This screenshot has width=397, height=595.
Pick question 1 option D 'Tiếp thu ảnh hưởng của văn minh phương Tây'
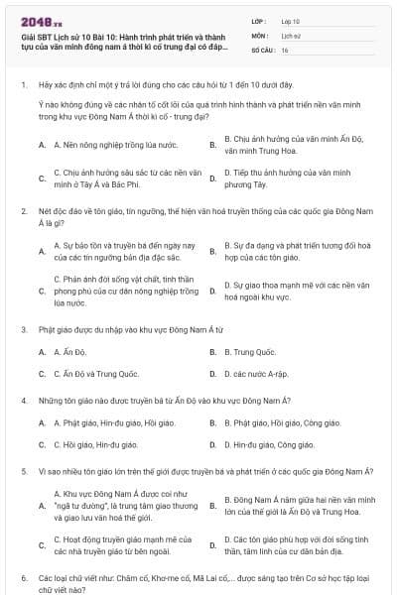pyautogui.click(x=287, y=178)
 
